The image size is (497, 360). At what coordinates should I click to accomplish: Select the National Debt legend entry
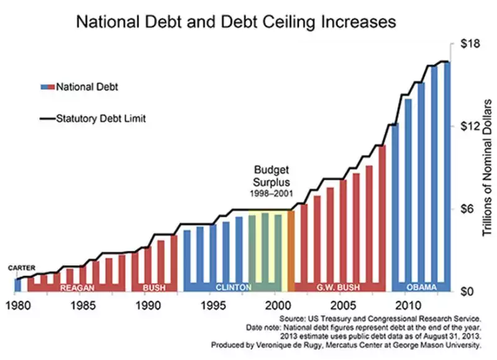pos(86,87)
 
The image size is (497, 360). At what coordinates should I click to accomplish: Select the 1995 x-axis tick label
pos(212,307)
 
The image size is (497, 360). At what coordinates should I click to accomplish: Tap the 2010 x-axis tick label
pos(408,307)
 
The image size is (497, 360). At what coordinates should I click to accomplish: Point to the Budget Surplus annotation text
pos(273,176)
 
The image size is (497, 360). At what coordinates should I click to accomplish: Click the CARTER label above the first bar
pos(22,268)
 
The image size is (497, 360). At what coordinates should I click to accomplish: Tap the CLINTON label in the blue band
pos(234,287)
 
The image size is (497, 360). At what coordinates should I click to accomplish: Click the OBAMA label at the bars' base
pos(421,287)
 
